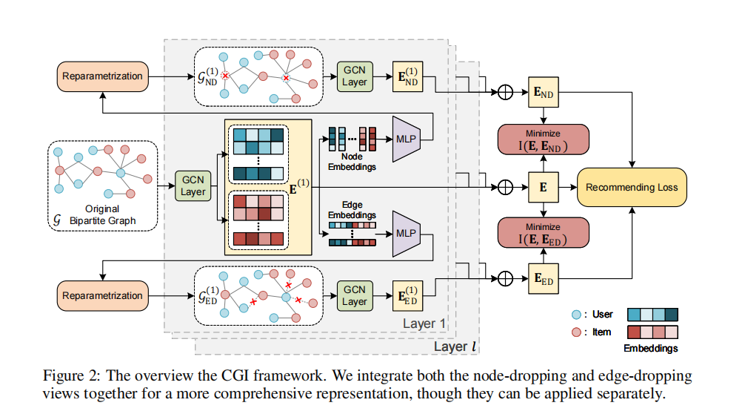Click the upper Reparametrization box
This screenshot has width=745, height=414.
pyautogui.click(x=103, y=76)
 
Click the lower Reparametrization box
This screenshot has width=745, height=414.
pyautogui.click(x=103, y=295)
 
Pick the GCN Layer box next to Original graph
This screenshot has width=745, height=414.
pyautogui.click(x=193, y=186)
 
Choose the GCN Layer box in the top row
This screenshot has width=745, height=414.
pyautogui.click(x=354, y=76)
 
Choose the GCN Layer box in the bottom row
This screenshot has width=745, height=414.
pyautogui.click(x=354, y=295)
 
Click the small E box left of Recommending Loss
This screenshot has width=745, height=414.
pyautogui.click(x=543, y=188)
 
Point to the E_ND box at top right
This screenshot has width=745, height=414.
pyautogui.click(x=543, y=93)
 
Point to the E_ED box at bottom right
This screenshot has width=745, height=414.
pyautogui.click(x=543, y=280)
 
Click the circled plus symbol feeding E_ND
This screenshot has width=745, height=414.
pyautogui.click(x=506, y=93)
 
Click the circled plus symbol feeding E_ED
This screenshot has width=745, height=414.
pyautogui.click(x=506, y=280)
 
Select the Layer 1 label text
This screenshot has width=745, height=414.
pyautogui.click(x=424, y=323)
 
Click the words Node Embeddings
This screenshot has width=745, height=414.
pyautogui.click(x=352, y=162)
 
